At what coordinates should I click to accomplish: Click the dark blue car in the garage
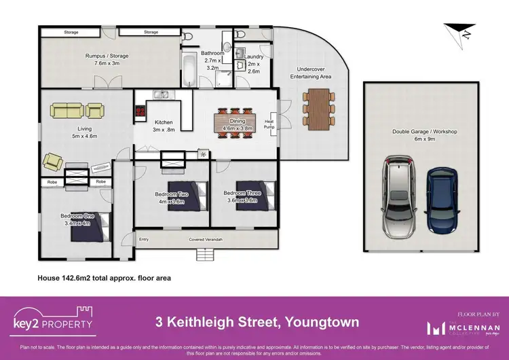click(x=440, y=200)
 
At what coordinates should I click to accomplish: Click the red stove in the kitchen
click(x=141, y=112)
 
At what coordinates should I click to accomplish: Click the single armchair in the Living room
click(x=52, y=160)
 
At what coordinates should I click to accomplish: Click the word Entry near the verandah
click(x=143, y=239)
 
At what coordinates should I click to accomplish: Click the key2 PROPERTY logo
click(x=53, y=319)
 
